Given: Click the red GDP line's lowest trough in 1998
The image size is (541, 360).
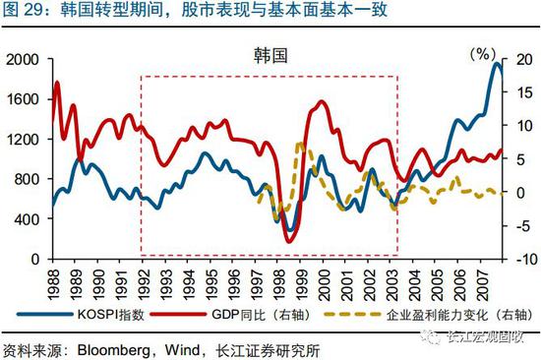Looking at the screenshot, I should [289, 240].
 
